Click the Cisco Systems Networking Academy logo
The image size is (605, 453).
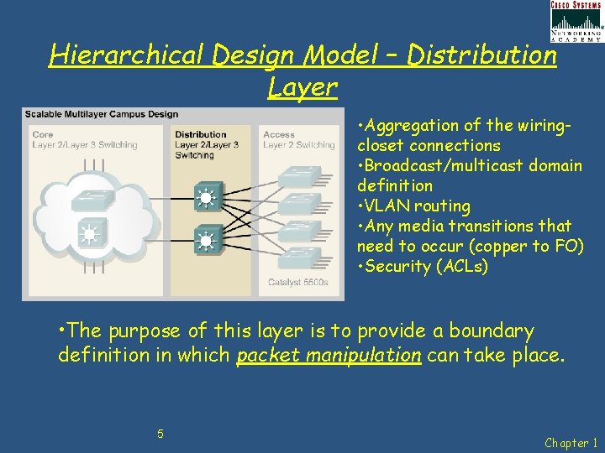click(x=576, y=21)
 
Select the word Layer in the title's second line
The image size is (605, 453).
click(x=302, y=86)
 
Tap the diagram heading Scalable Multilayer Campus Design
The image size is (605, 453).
click(x=102, y=114)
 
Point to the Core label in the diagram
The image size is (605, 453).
click(x=42, y=134)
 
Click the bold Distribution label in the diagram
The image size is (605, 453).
click(x=201, y=134)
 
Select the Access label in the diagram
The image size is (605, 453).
click(x=279, y=134)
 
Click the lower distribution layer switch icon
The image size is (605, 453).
click(x=206, y=242)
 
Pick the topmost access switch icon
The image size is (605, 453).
click(x=299, y=177)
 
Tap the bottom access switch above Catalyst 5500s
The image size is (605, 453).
click(x=299, y=258)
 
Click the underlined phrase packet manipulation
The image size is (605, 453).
click(x=329, y=356)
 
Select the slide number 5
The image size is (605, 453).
click(x=160, y=434)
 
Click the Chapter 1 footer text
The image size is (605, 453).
click(x=572, y=442)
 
